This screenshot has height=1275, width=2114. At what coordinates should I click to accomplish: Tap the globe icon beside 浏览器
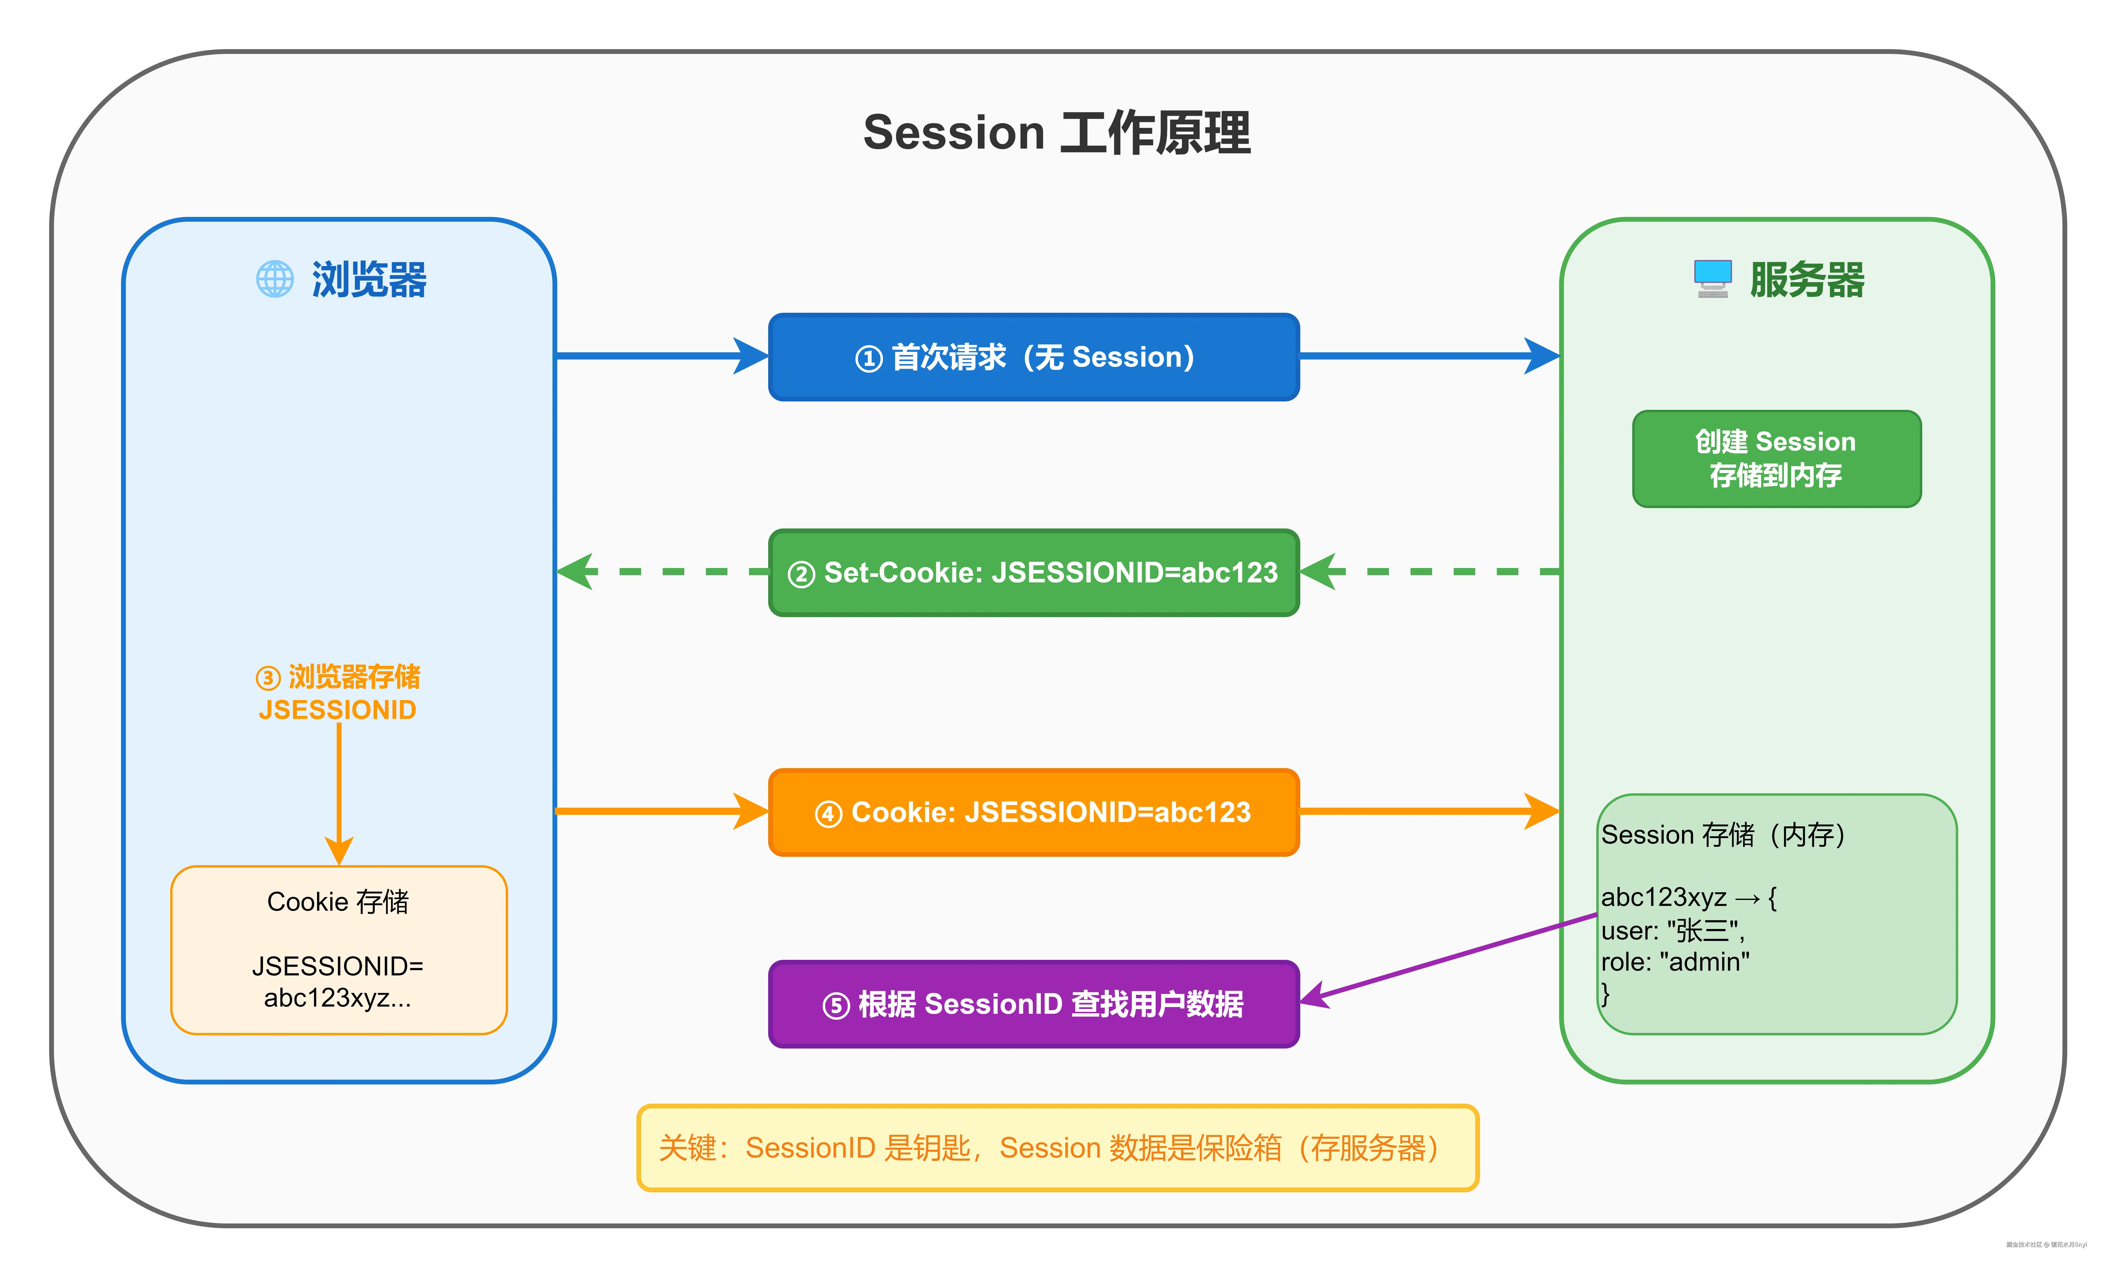274,279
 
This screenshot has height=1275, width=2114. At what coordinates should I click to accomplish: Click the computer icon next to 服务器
1713,278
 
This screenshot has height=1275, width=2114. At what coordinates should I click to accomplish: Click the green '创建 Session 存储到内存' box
1776,458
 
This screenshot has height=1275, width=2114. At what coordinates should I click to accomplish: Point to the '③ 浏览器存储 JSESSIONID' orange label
338,692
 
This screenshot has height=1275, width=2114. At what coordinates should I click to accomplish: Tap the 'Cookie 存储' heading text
338,902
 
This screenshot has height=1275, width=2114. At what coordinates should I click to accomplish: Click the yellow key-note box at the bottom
1057,1147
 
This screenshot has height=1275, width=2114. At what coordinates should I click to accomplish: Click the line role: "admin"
1675,962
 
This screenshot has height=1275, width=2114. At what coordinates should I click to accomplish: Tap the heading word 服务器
1807,280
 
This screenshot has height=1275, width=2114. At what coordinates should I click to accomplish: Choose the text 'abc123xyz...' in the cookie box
337,998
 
